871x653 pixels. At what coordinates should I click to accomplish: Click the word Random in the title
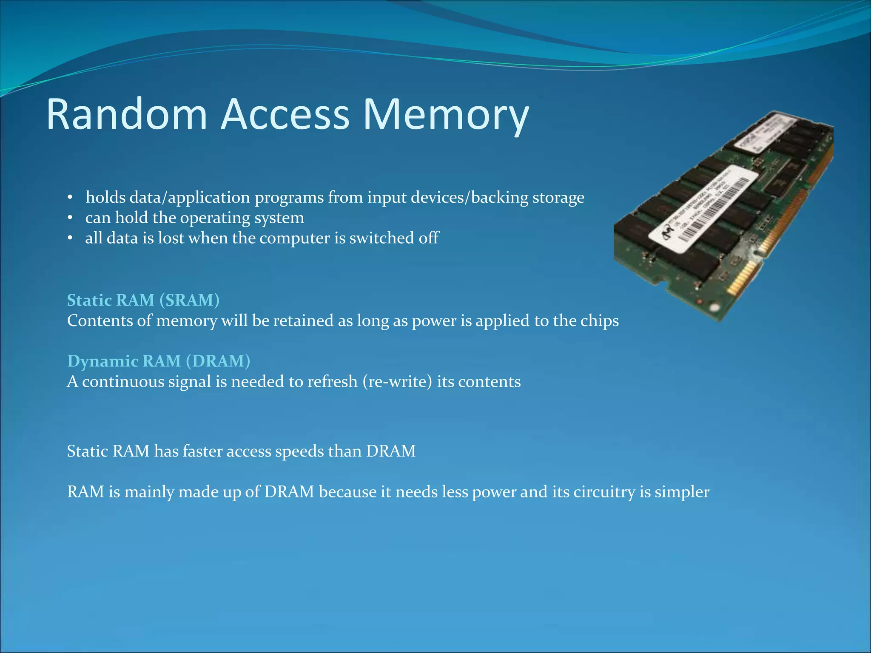point(126,114)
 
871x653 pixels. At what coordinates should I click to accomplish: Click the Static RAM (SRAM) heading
point(143,300)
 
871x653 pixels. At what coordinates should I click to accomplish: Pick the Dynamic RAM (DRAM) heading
point(159,361)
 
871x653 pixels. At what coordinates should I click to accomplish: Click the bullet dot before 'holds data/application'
point(71,198)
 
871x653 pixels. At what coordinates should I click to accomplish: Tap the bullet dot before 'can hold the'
point(71,218)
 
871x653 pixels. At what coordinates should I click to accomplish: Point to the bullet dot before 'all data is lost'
point(71,238)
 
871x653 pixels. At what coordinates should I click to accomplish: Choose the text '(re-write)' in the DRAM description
point(397,382)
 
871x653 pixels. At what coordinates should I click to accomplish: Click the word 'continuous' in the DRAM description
point(123,382)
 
